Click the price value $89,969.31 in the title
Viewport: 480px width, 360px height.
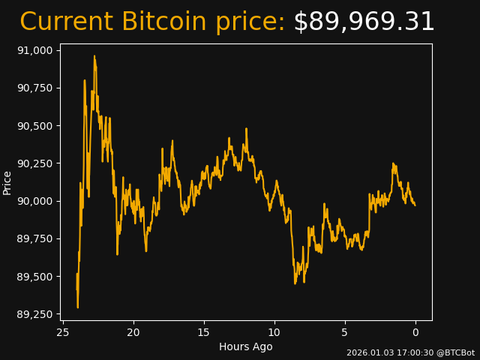pos(364,22)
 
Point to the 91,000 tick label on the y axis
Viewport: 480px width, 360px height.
pos(35,50)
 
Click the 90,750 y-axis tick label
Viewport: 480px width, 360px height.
pos(35,88)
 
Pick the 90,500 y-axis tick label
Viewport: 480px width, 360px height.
pos(35,125)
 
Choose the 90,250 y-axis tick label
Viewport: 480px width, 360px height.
pos(35,163)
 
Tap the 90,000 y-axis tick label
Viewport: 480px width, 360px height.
pos(35,201)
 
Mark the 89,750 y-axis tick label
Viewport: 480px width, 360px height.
pos(35,238)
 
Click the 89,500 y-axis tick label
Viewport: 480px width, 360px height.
pos(35,276)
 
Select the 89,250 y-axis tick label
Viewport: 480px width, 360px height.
pos(35,313)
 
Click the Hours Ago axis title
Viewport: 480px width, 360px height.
pos(246,346)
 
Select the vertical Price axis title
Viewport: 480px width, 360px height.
pos(7,182)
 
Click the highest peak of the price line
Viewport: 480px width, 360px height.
pos(94,56)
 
